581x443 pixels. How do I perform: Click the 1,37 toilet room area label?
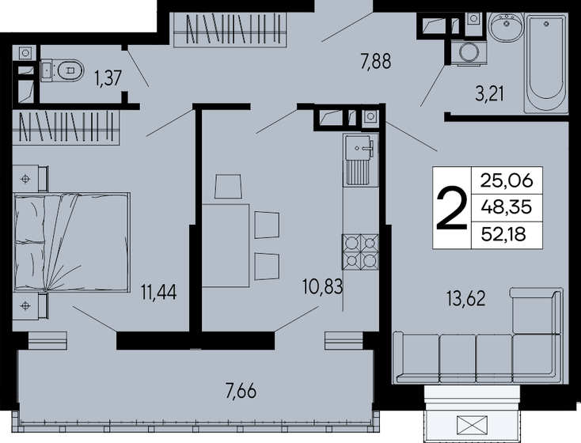coord(108,78)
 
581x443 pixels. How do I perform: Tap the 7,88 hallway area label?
coord(376,61)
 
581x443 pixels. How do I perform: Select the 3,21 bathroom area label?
coord(489,93)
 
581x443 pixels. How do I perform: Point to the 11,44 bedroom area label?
coord(158,291)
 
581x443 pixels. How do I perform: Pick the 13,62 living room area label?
coord(465,298)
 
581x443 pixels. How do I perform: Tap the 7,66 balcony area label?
coord(241,391)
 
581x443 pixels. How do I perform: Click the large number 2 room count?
coord(452,208)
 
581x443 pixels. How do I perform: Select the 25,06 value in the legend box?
coord(507,180)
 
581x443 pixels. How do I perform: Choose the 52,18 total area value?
coord(503,234)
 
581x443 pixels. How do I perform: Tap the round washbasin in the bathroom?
coord(506,26)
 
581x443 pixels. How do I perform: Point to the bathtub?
coord(546,62)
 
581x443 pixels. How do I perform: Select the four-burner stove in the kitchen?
coord(360,252)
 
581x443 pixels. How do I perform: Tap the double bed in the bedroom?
coord(72,242)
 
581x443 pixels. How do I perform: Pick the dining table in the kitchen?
coord(226,244)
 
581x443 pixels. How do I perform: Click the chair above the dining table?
coord(229,187)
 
